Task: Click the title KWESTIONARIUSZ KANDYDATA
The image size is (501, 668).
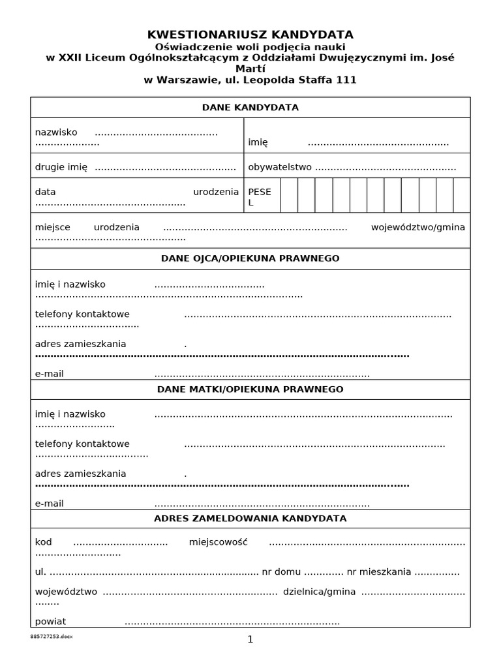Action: (250, 35)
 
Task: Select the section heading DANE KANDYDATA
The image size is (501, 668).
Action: (250, 108)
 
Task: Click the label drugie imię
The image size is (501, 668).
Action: (61, 167)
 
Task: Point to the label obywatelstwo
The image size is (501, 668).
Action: (280, 167)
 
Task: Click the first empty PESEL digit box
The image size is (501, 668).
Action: (289, 195)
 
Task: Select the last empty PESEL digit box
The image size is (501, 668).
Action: (461, 195)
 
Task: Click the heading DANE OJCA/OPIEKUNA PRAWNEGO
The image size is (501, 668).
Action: (250, 259)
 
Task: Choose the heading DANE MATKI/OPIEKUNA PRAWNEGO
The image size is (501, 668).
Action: (250, 389)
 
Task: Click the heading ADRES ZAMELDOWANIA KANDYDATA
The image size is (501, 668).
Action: (250, 519)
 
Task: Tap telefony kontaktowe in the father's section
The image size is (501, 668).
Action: (82, 314)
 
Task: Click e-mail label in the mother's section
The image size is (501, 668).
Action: (50, 504)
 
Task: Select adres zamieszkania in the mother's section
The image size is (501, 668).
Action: (81, 474)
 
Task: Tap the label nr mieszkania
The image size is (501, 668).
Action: (379, 572)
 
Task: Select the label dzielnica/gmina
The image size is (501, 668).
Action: (319, 592)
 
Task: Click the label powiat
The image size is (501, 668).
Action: (51, 622)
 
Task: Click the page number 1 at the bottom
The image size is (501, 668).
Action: (250, 639)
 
